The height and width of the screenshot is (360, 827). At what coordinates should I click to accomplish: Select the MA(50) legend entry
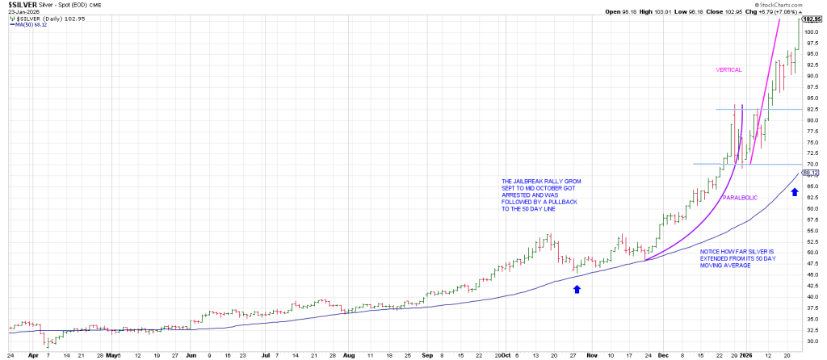[x=31, y=24]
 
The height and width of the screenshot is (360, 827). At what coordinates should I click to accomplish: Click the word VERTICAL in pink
[x=728, y=70]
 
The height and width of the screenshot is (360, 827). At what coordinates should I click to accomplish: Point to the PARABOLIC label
[x=739, y=197]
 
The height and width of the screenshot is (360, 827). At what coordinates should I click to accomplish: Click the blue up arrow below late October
[x=577, y=288]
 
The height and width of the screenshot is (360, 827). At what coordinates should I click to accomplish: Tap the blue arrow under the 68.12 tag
[x=795, y=192]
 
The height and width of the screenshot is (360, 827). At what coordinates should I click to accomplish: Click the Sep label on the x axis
[x=427, y=354]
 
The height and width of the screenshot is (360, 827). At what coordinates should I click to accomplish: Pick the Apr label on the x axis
[x=33, y=354]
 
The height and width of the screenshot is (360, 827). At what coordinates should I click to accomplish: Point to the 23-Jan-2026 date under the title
[x=24, y=12]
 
